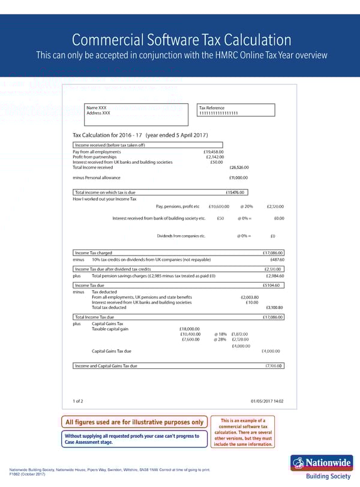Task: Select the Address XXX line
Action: point(98,113)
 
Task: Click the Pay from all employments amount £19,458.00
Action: point(214,152)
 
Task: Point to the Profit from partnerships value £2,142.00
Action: point(215,157)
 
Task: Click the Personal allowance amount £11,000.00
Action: point(239,178)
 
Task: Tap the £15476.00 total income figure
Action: point(235,192)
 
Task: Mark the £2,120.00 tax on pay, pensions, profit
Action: point(275,207)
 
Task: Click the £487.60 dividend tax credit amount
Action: point(277,260)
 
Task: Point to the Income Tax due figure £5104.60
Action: point(274,285)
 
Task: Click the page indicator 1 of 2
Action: point(78,401)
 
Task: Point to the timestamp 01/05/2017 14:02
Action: point(267,401)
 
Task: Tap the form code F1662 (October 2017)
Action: point(28,474)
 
